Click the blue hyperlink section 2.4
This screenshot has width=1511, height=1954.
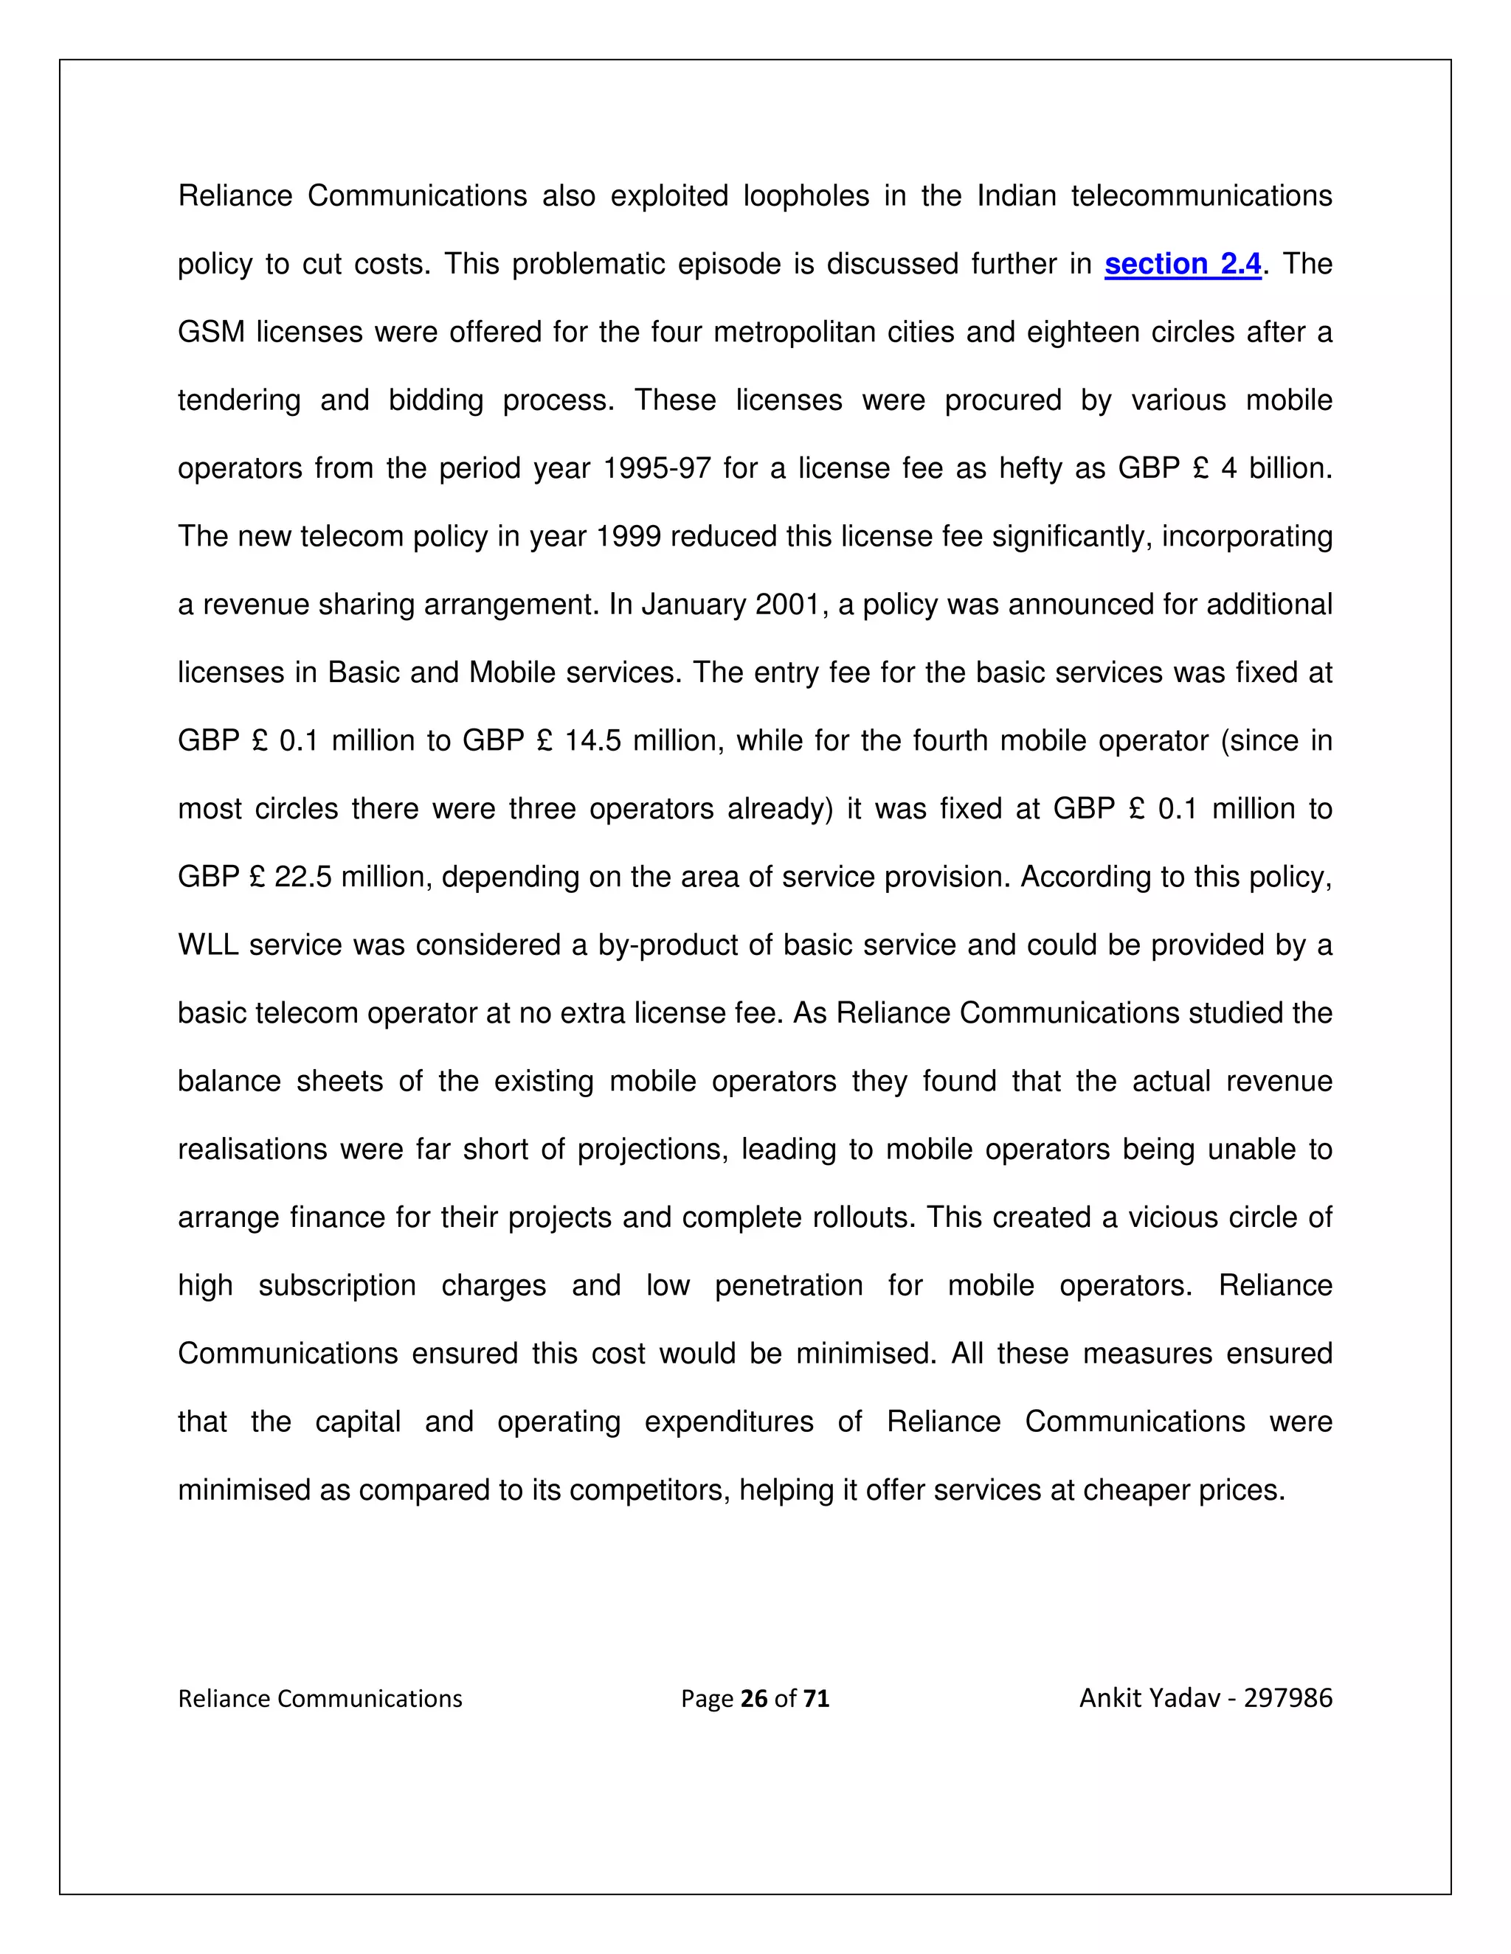pyautogui.click(x=1183, y=264)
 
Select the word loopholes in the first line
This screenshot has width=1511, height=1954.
pyautogui.click(x=806, y=196)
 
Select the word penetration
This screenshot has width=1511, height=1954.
pyautogui.click(x=789, y=1286)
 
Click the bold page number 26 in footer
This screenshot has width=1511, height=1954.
pyautogui.click(x=755, y=1698)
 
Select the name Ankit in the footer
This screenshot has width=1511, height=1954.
pyautogui.click(x=1110, y=1697)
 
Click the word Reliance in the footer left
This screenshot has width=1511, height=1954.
pyautogui.click(x=224, y=1698)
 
